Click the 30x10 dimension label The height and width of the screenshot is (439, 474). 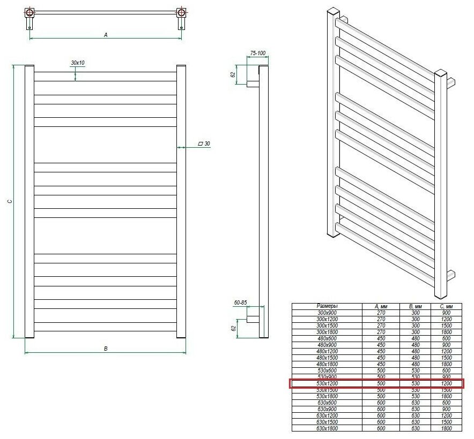(78, 63)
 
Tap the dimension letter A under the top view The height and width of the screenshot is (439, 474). (106, 34)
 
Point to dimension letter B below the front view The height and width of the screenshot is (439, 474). (106, 349)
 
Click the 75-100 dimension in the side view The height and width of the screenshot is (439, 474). (258, 54)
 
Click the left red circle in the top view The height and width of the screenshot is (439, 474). (29, 12)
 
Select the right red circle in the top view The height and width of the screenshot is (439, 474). (182, 12)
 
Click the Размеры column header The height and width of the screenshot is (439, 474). (327, 306)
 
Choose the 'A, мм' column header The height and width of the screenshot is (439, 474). (381, 306)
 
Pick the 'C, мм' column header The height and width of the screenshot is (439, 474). (446, 306)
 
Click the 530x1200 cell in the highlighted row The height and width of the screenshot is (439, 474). (327, 384)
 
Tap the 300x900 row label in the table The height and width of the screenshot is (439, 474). (327, 312)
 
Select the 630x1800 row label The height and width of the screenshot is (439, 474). (327, 429)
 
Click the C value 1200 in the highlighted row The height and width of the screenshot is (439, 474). (446, 384)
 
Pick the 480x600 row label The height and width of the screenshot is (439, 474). (327, 338)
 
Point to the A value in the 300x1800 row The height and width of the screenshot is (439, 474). (381, 332)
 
